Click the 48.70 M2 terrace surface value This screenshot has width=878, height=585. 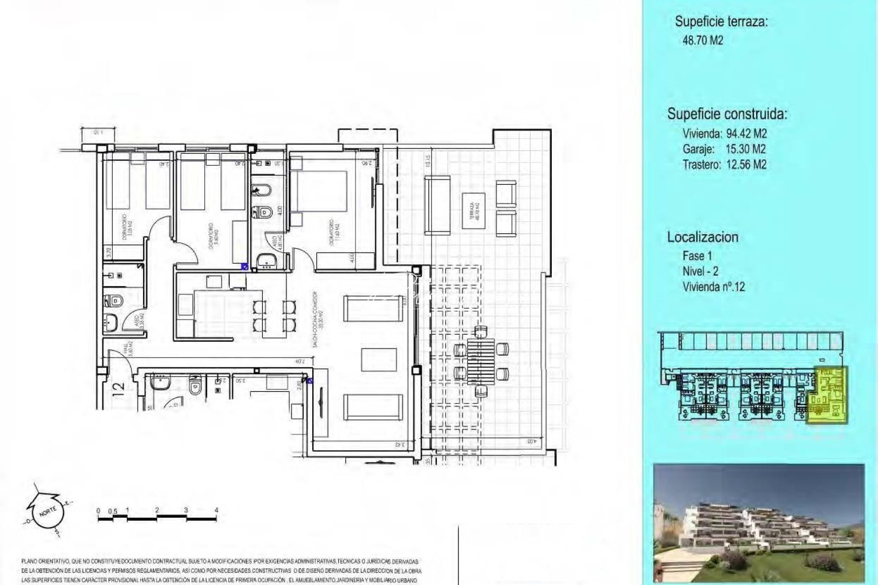703,40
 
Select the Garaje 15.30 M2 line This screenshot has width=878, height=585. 725,149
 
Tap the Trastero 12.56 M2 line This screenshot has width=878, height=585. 725,165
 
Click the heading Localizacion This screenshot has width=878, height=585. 702,237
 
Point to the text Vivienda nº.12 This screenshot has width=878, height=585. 714,287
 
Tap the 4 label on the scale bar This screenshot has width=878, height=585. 216,510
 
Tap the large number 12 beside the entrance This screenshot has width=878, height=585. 119,388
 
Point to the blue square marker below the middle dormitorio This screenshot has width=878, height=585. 244,266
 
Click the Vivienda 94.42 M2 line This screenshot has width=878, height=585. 725,133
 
